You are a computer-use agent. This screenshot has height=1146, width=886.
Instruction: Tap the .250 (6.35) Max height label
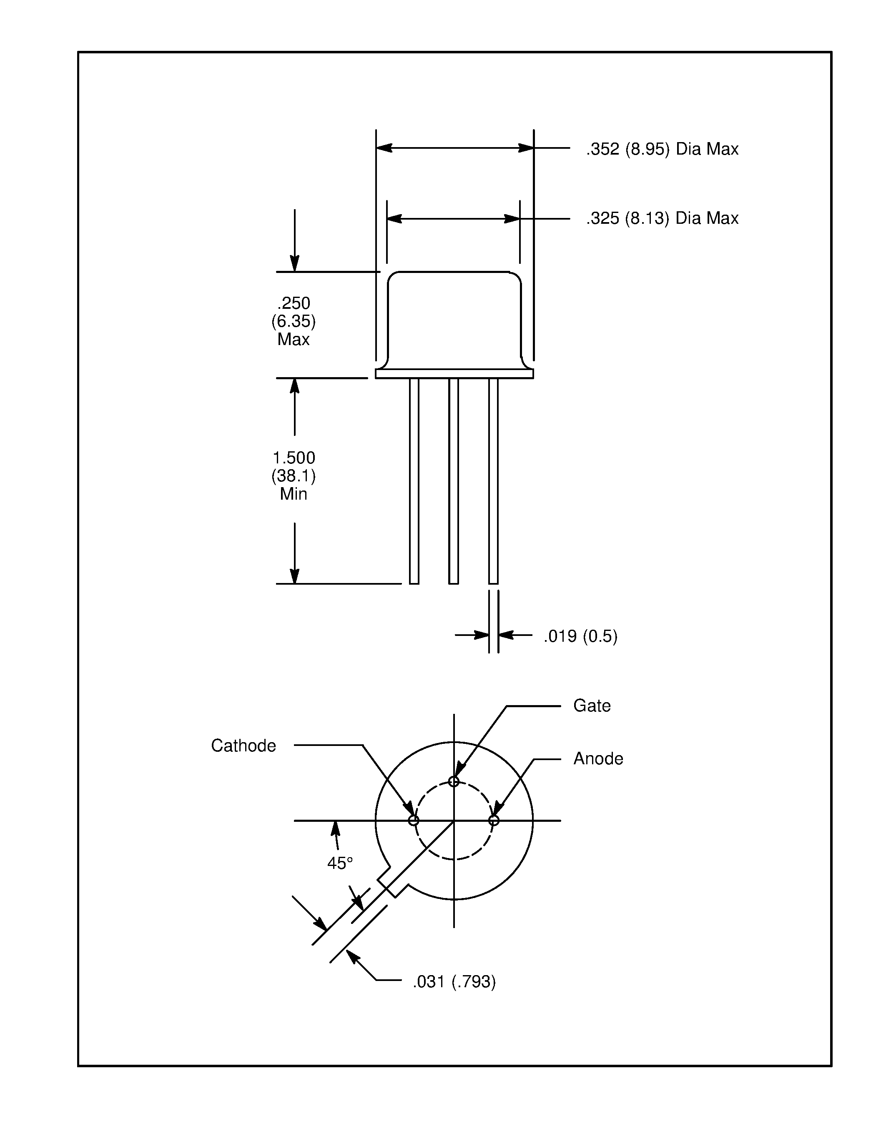294,321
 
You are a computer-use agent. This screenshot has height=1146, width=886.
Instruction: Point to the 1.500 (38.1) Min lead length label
294,476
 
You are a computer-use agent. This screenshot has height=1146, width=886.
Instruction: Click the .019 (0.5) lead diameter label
580,636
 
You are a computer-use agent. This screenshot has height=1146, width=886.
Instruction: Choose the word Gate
592,706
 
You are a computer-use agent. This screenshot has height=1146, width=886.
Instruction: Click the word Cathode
243,746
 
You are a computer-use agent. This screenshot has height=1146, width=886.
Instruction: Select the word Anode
598,759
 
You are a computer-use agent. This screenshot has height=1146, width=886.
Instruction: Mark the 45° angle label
339,863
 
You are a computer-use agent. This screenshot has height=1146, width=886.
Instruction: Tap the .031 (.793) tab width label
454,982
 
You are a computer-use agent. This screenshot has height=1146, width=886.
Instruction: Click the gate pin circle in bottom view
454,782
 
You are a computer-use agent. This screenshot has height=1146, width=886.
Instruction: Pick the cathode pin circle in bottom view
414,821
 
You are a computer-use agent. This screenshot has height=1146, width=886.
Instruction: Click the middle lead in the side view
454,480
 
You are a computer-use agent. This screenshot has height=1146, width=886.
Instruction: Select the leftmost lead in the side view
414,480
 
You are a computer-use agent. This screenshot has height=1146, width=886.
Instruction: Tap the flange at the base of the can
454,374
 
